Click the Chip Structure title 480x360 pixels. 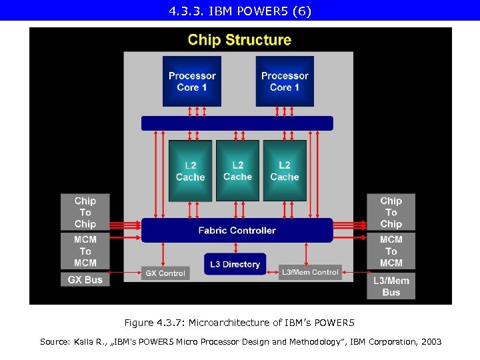tap(239, 40)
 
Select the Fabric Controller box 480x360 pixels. tap(237, 231)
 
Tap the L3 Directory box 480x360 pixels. tap(235, 264)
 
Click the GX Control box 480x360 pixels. tap(165, 273)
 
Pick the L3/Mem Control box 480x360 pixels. tap(310, 272)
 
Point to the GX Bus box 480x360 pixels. tap(85, 280)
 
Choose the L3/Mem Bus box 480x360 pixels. tap(391, 286)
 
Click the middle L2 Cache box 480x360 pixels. tap(237, 171)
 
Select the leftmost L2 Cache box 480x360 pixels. tap(190, 171)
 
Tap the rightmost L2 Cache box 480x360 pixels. tap(285, 171)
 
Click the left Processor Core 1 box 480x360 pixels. tap(192, 81)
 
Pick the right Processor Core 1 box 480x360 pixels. tap(285, 81)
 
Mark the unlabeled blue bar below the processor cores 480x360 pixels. tap(237, 123)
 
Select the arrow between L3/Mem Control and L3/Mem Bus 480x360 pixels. tap(354, 272)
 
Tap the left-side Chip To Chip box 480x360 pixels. tap(85, 212)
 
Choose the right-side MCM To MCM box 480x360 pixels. tap(391, 251)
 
